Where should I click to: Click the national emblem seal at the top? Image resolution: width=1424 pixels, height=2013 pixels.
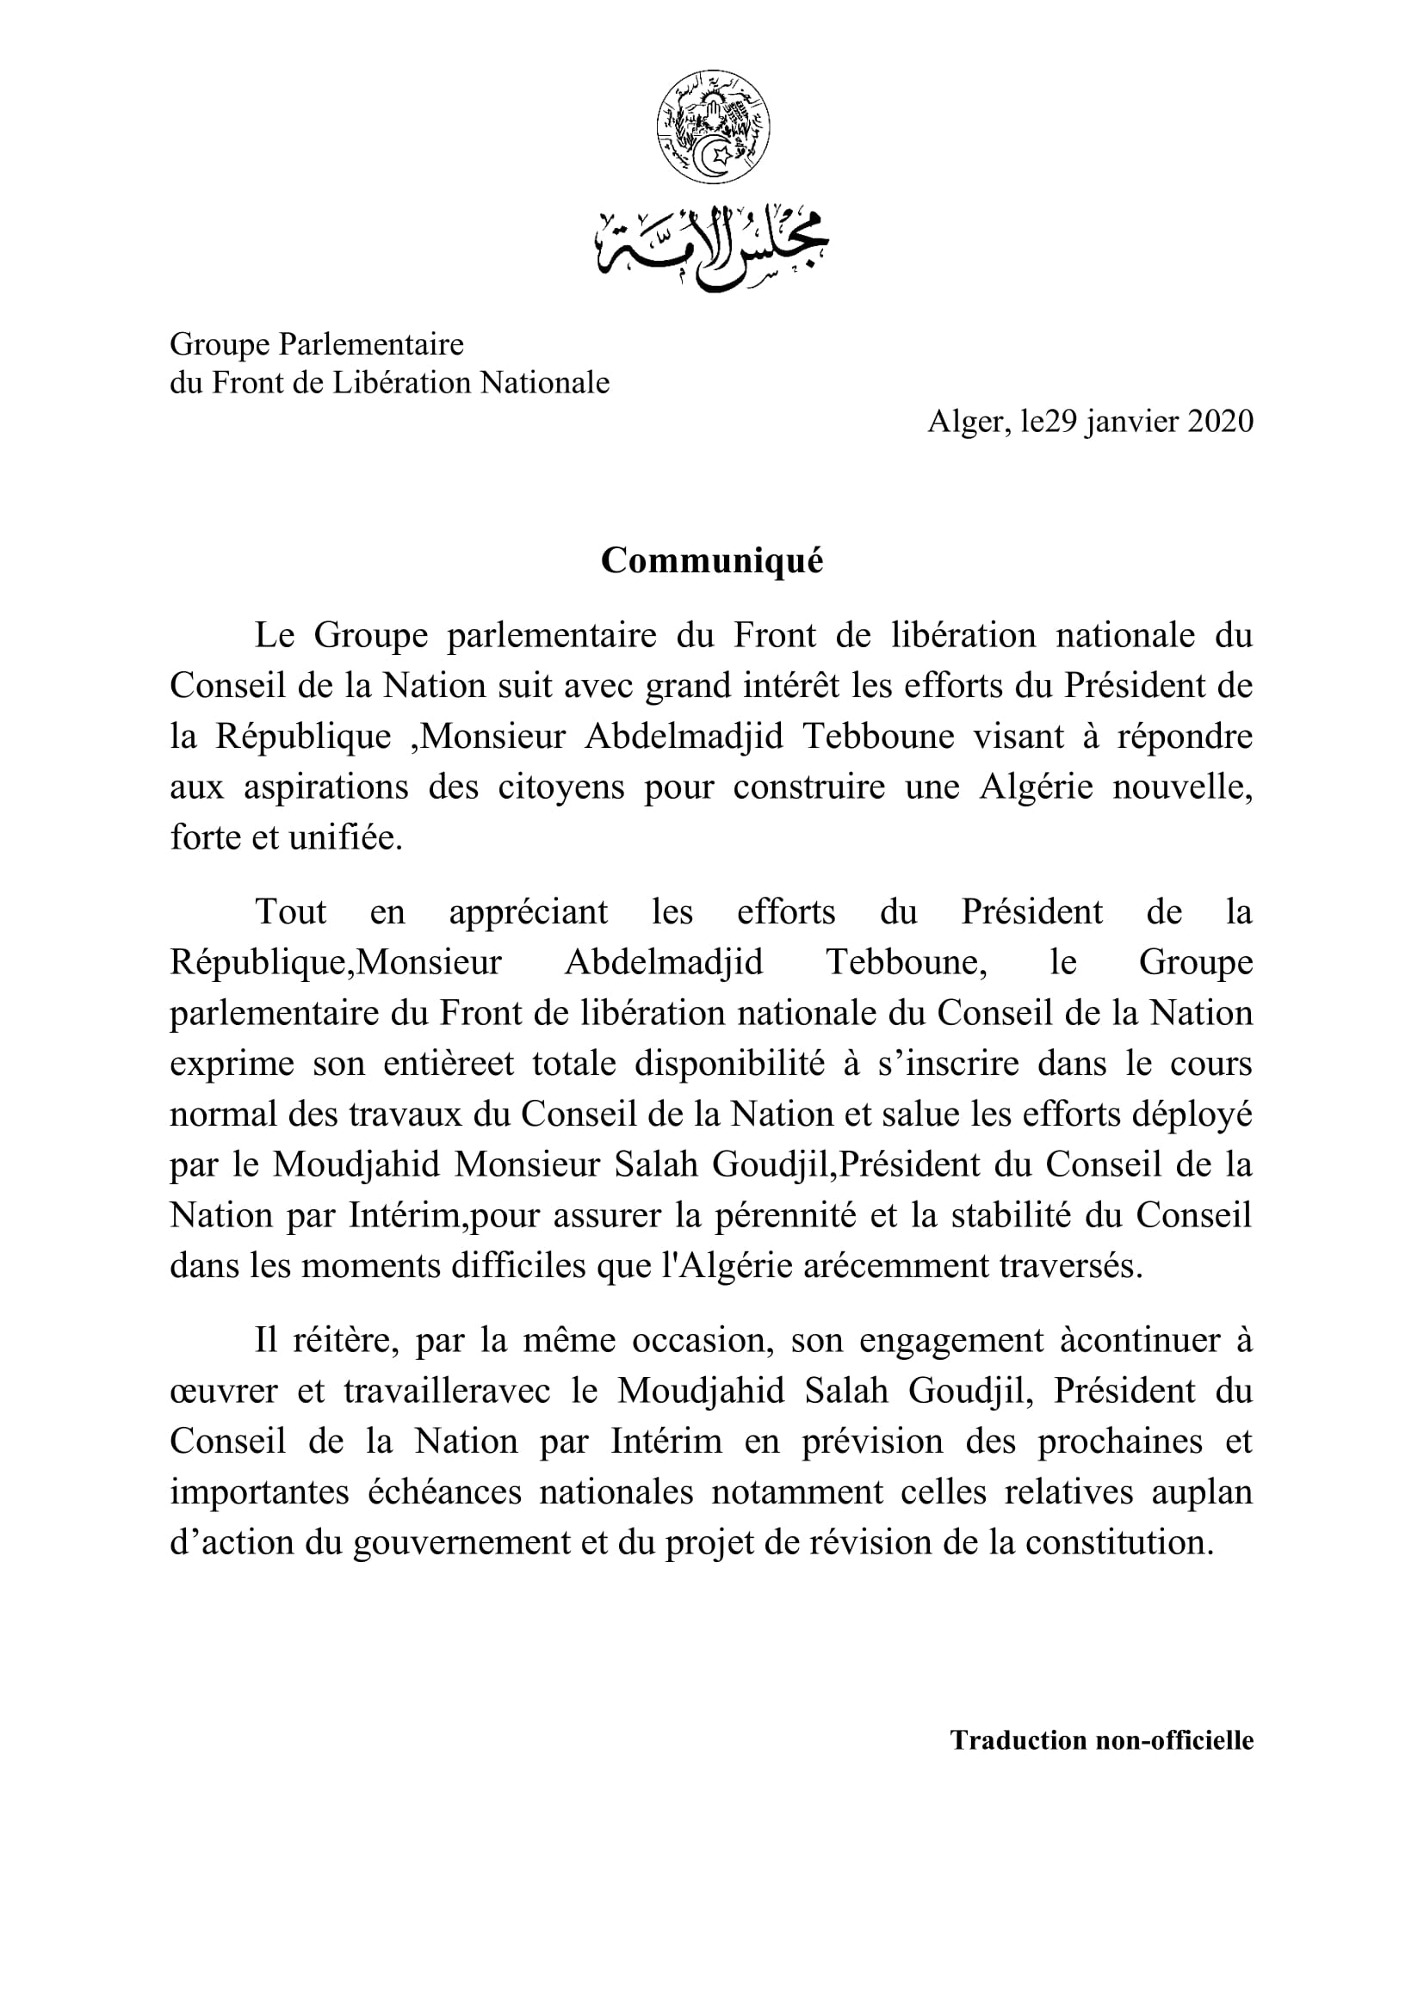click(x=712, y=128)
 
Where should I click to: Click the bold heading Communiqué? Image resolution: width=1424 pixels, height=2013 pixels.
click(x=712, y=561)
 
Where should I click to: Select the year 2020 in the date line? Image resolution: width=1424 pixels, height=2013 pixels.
click(x=1221, y=423)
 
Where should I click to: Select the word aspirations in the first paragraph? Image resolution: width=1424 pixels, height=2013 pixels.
click(x=326, y=787)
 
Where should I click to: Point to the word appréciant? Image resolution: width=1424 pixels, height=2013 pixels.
click(x=528, y=911)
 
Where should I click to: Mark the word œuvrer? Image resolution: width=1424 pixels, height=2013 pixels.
click(x=224, y=1392)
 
